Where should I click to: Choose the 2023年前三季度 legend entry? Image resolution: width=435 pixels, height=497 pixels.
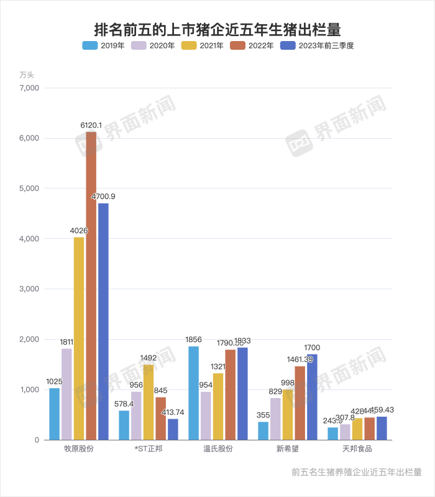[x=317, y=45]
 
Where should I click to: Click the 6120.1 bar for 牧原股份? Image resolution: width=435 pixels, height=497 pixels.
[x=91, y=286]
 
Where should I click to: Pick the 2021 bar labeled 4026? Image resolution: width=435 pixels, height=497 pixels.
[x=79, y=338]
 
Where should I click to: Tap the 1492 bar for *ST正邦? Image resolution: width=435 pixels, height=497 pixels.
[x=149, y=402]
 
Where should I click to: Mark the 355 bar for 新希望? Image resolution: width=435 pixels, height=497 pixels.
[x=263, y=430]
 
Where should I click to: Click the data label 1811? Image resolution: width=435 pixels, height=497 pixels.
[x=66, y=342]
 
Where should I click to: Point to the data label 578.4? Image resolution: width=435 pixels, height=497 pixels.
[x=124, y=404]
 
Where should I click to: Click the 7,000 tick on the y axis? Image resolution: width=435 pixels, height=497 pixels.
[x=29, y=88]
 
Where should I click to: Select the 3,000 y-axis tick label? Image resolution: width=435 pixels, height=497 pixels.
[x=29, y=289]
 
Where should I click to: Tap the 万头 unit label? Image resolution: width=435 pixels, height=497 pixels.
[x=27, y=75]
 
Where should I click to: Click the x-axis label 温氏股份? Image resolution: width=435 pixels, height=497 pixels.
[x=218, y=449]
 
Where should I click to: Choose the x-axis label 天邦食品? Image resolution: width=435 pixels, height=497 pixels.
[x=357, y=449]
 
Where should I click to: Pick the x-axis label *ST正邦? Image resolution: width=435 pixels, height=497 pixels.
[x=148, y=449]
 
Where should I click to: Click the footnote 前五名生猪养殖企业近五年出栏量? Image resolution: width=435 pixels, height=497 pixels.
[x=356, y=472]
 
